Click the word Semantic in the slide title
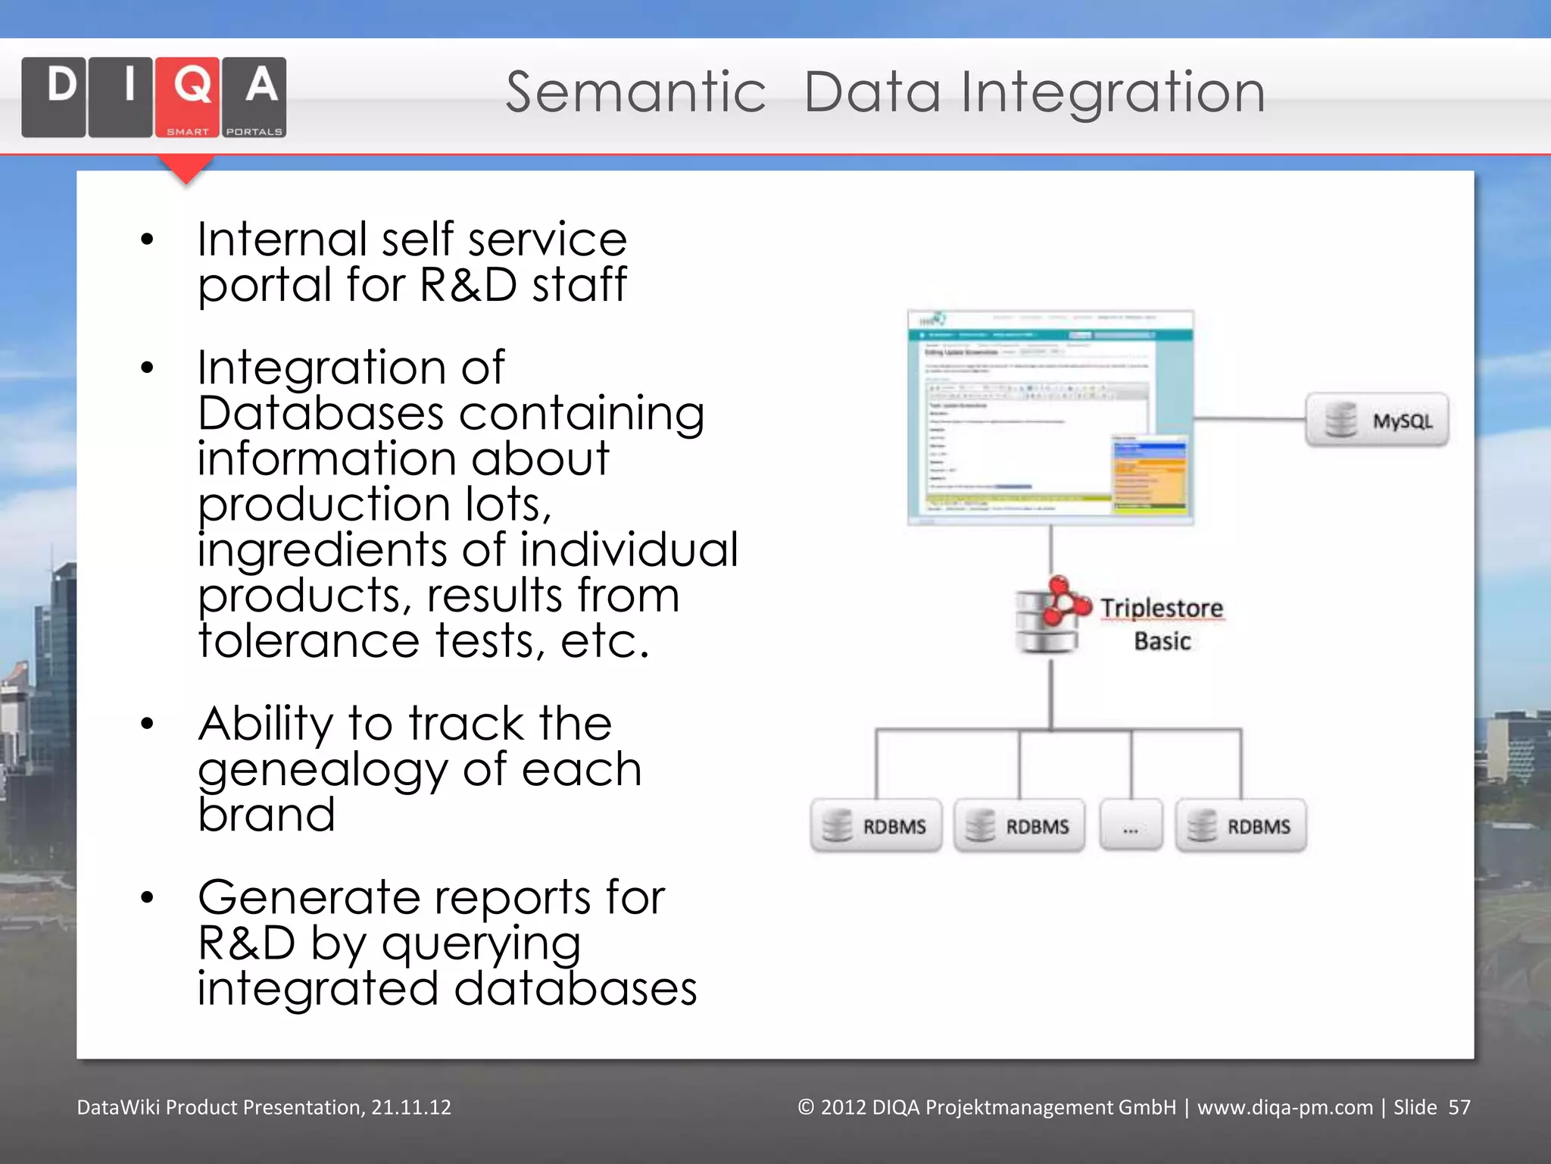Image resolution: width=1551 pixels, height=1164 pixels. point(635,92)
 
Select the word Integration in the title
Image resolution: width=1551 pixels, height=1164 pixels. point(1113,92)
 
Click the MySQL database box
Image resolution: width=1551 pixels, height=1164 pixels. point(1377,420)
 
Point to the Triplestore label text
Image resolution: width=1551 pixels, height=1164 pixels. point(1161,608)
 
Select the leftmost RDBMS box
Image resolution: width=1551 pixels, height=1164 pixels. point(876,826)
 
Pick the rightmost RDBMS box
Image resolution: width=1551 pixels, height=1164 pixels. point(1240,826)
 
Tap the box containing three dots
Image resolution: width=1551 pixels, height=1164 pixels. point(1131,826)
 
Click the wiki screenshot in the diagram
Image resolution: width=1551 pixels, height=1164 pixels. point(1050,418)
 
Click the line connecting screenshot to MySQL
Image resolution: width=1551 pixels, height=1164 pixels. point(1250,418)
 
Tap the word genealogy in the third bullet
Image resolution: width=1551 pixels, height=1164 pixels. point(323,771)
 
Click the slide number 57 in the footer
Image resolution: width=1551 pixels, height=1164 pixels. point(1459,1107)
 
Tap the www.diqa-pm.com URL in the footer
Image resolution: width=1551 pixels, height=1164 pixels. point(1284,1107)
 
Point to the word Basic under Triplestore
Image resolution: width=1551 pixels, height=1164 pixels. point(1162,641)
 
